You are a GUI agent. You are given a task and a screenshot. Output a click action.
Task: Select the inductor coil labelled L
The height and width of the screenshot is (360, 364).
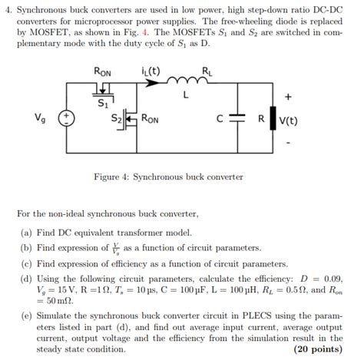coord(186,79)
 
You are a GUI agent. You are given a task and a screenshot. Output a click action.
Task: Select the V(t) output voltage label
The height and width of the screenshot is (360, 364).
coord(289,121)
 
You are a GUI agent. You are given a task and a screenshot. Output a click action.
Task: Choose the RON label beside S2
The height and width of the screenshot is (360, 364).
coord(151,120)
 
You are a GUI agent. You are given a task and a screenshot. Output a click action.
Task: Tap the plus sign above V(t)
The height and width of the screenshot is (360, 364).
coord(288,97)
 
